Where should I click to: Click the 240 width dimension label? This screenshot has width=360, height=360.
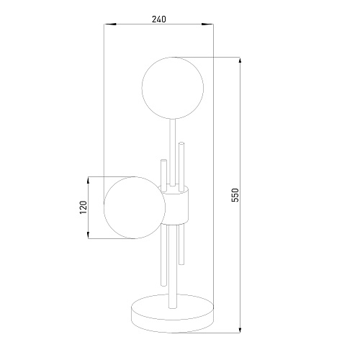[x=159, y=19]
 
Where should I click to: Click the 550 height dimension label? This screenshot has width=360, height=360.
[x=235, y=195]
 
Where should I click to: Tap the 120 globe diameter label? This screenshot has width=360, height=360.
[x=84, y=207]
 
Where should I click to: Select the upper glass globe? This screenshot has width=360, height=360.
[x=173, y=88]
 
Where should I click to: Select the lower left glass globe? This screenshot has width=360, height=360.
[x=135, y=207]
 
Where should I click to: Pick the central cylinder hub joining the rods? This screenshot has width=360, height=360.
[x=174, y=205]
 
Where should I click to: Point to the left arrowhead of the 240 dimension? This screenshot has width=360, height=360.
[x=110, y=24]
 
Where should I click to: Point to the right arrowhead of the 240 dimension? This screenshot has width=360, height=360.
[x=207, y=24]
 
